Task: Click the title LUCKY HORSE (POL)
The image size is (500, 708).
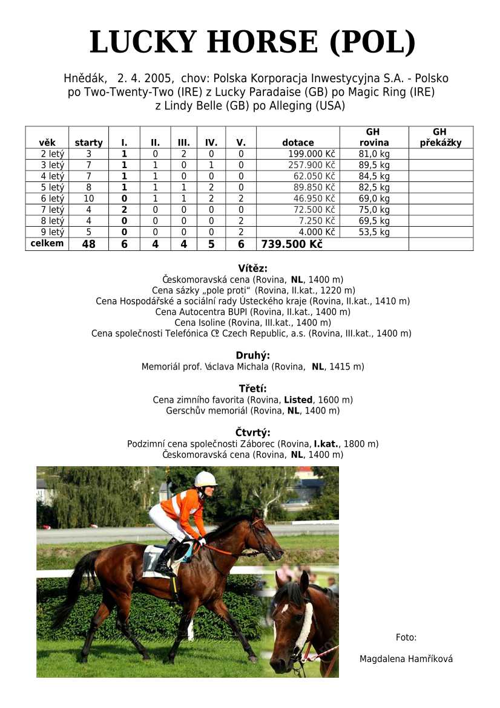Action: coord(252,42)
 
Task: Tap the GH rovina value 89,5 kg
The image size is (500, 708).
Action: coord(373,165)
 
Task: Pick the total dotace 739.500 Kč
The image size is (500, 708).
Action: coord(292,244)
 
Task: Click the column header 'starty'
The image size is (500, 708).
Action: coord(88,143)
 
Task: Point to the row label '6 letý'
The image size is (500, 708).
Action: coord(52,198)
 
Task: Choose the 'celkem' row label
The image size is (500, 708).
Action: coord(47,244)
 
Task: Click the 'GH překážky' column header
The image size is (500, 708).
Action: coord(440,138)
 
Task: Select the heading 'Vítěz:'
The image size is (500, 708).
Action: coord(253,268)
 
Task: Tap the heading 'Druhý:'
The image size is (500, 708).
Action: coord(253,356)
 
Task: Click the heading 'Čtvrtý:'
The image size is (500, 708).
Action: coord(253,432)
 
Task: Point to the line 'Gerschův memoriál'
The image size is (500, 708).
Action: coord(253,411)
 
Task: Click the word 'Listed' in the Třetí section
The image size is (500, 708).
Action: coord(298,400)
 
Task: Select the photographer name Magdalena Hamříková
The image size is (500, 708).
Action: coord(406,659)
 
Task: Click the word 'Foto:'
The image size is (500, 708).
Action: coord(406,637)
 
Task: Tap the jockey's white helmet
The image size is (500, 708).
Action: coord(205,479)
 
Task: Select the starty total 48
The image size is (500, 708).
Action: coord(88,244)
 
